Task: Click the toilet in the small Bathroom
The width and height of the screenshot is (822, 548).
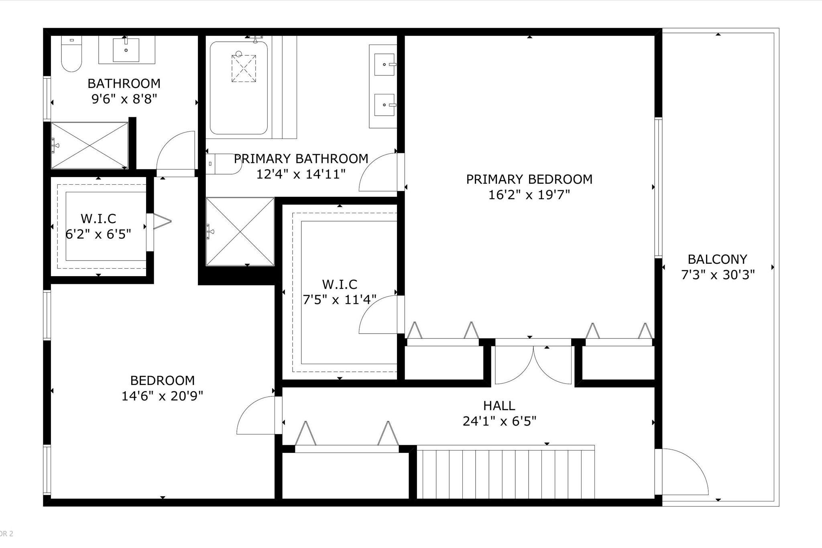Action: click(x=71, y=53)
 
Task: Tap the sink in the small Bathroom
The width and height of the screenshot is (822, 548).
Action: click(x=126, y=50)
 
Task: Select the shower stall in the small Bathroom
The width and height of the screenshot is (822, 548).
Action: click(x=90, y=145)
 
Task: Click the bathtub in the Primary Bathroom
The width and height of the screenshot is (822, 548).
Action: click(x=239, y=88)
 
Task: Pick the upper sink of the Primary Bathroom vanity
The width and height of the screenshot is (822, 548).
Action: click(x=384, y=65)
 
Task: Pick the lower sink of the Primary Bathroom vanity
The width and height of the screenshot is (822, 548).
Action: click(x=384, y=105)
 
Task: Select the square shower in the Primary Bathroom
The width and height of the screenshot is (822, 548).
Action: click(x=240, y=231)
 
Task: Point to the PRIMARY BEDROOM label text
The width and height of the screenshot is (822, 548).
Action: click(x=529, y=179)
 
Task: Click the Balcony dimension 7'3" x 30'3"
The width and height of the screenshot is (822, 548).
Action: click(x=718, y=275)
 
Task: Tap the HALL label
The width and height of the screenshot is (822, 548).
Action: click(x=499, y=405)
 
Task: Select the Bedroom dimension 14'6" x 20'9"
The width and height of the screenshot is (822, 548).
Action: click(x=162, y=396)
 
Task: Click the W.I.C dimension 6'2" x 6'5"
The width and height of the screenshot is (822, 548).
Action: click(x=98, y=234)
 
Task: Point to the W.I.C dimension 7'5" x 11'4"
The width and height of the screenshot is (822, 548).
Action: click(x=340, y=299)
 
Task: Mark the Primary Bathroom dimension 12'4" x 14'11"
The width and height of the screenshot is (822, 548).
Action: click(x=301, y=174)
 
